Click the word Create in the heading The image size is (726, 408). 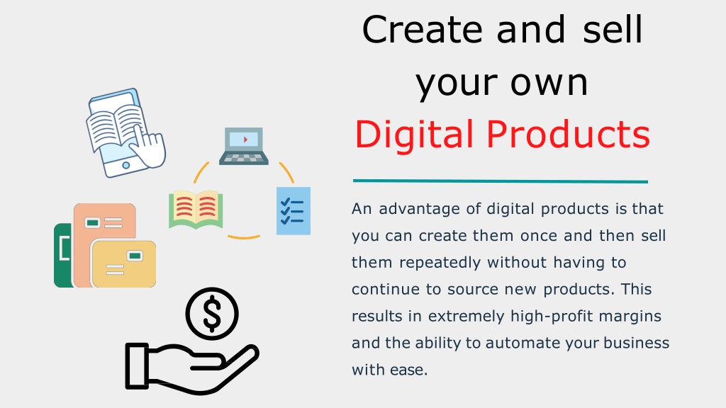pyautogui.click(x=423, y=29)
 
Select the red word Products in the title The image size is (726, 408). pyautogui.click(x=568, y=134)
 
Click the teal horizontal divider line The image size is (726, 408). pyautogui.click(x=500, y=181)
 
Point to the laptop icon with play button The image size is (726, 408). pyautogui.click(x=244, y=146)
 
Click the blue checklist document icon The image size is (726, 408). pyautogui.click(x=293, y=211)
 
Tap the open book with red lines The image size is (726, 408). pyautogui.click(x=196, y=209)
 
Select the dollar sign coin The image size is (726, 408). pyautogui.click(x=212, y=314)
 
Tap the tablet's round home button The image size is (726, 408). pyautogui.click(x=125, y=165)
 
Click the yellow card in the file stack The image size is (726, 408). pyautogui.click(x=123, y=264)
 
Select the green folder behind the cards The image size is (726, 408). pyautogui.click(x=63, y=255)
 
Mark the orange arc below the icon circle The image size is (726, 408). pyautogui.click(x=244, y=237)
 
